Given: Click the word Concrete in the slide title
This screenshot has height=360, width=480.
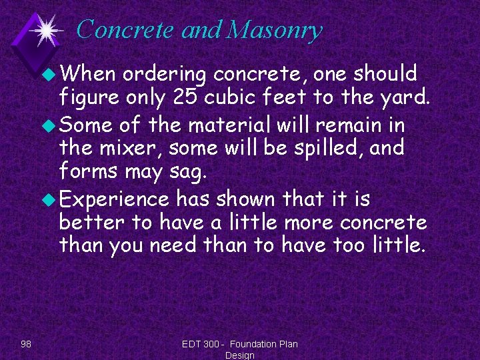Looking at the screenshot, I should click(x=116, y=30).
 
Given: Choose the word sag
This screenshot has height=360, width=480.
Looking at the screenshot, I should click(x=189, y=173).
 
